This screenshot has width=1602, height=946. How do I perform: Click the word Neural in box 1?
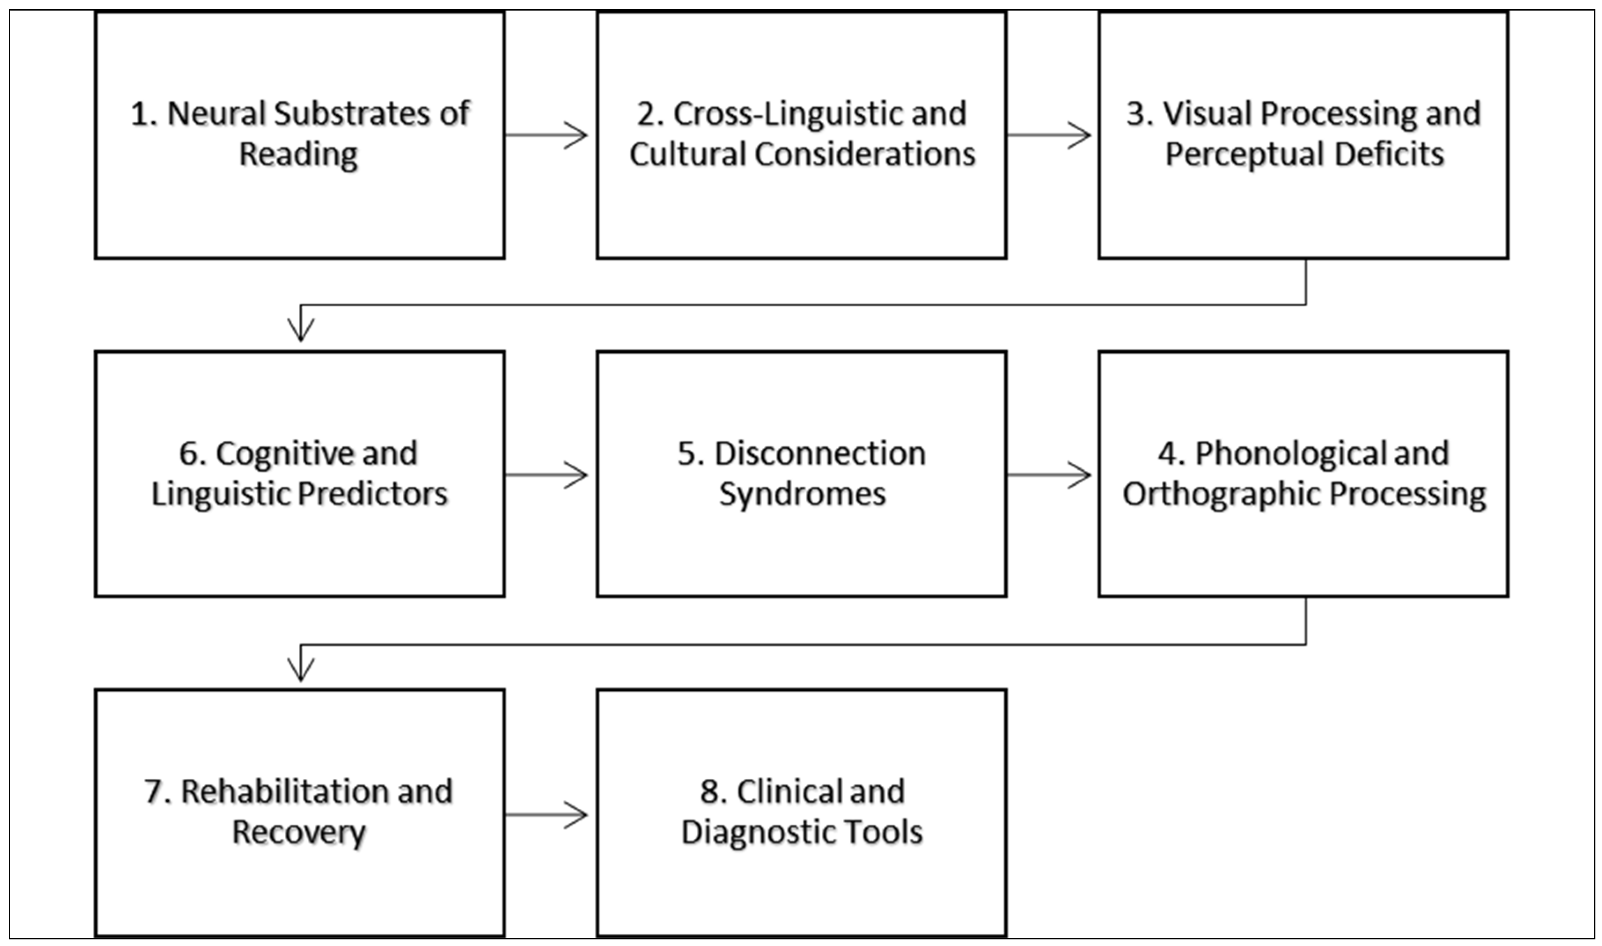(216, 114)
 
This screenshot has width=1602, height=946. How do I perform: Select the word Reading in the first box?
(298, 155)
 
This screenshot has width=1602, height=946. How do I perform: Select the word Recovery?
(298, 832)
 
